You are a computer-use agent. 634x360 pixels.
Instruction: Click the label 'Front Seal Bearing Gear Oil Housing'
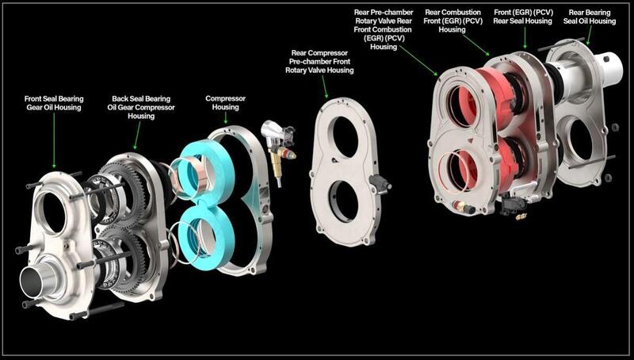tap(54, 103)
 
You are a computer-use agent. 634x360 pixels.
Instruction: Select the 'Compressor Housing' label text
tap(225, 103)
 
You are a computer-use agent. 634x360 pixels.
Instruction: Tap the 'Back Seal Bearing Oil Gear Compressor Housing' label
tap(141, 107)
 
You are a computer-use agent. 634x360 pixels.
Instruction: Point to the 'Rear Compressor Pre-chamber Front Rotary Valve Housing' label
tap(319, 62)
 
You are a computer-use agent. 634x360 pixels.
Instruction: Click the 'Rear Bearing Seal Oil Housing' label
tap(590, 17)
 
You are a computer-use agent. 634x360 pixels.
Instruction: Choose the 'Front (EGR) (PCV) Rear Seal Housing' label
tap(523, 17)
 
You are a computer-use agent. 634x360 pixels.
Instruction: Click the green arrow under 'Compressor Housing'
tap(225, 118)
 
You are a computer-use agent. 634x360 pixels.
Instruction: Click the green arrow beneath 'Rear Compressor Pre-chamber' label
tap(324, 87)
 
